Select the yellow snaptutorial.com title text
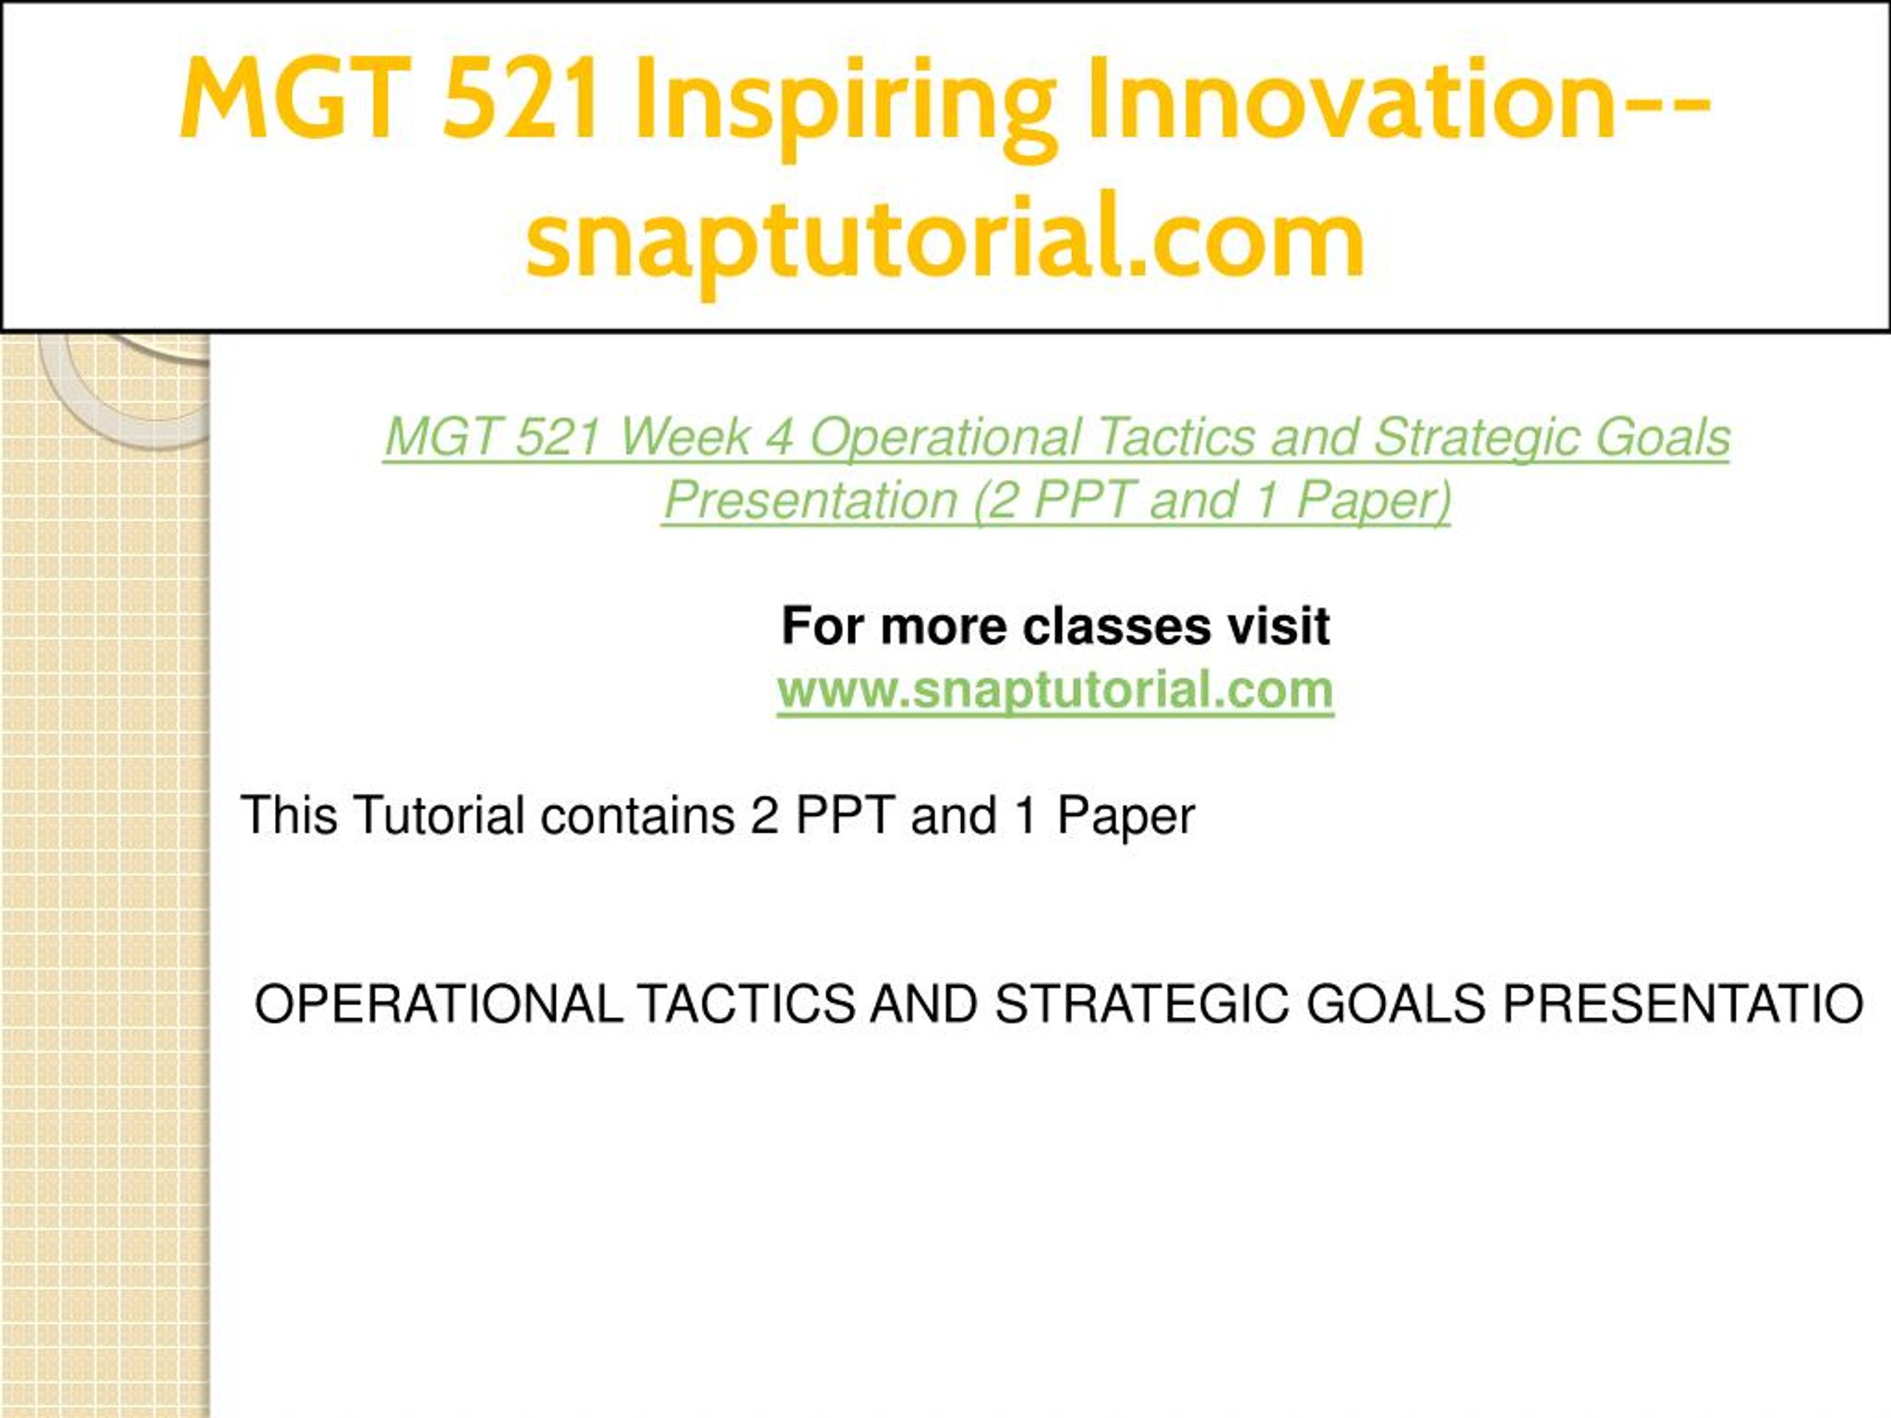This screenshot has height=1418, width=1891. (x=945, y=239)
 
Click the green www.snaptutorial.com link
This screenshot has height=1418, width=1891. (x=1056, y=690)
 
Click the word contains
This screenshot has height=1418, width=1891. (x=637, y=815)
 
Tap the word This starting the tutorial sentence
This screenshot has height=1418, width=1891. (x=290, y=815)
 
